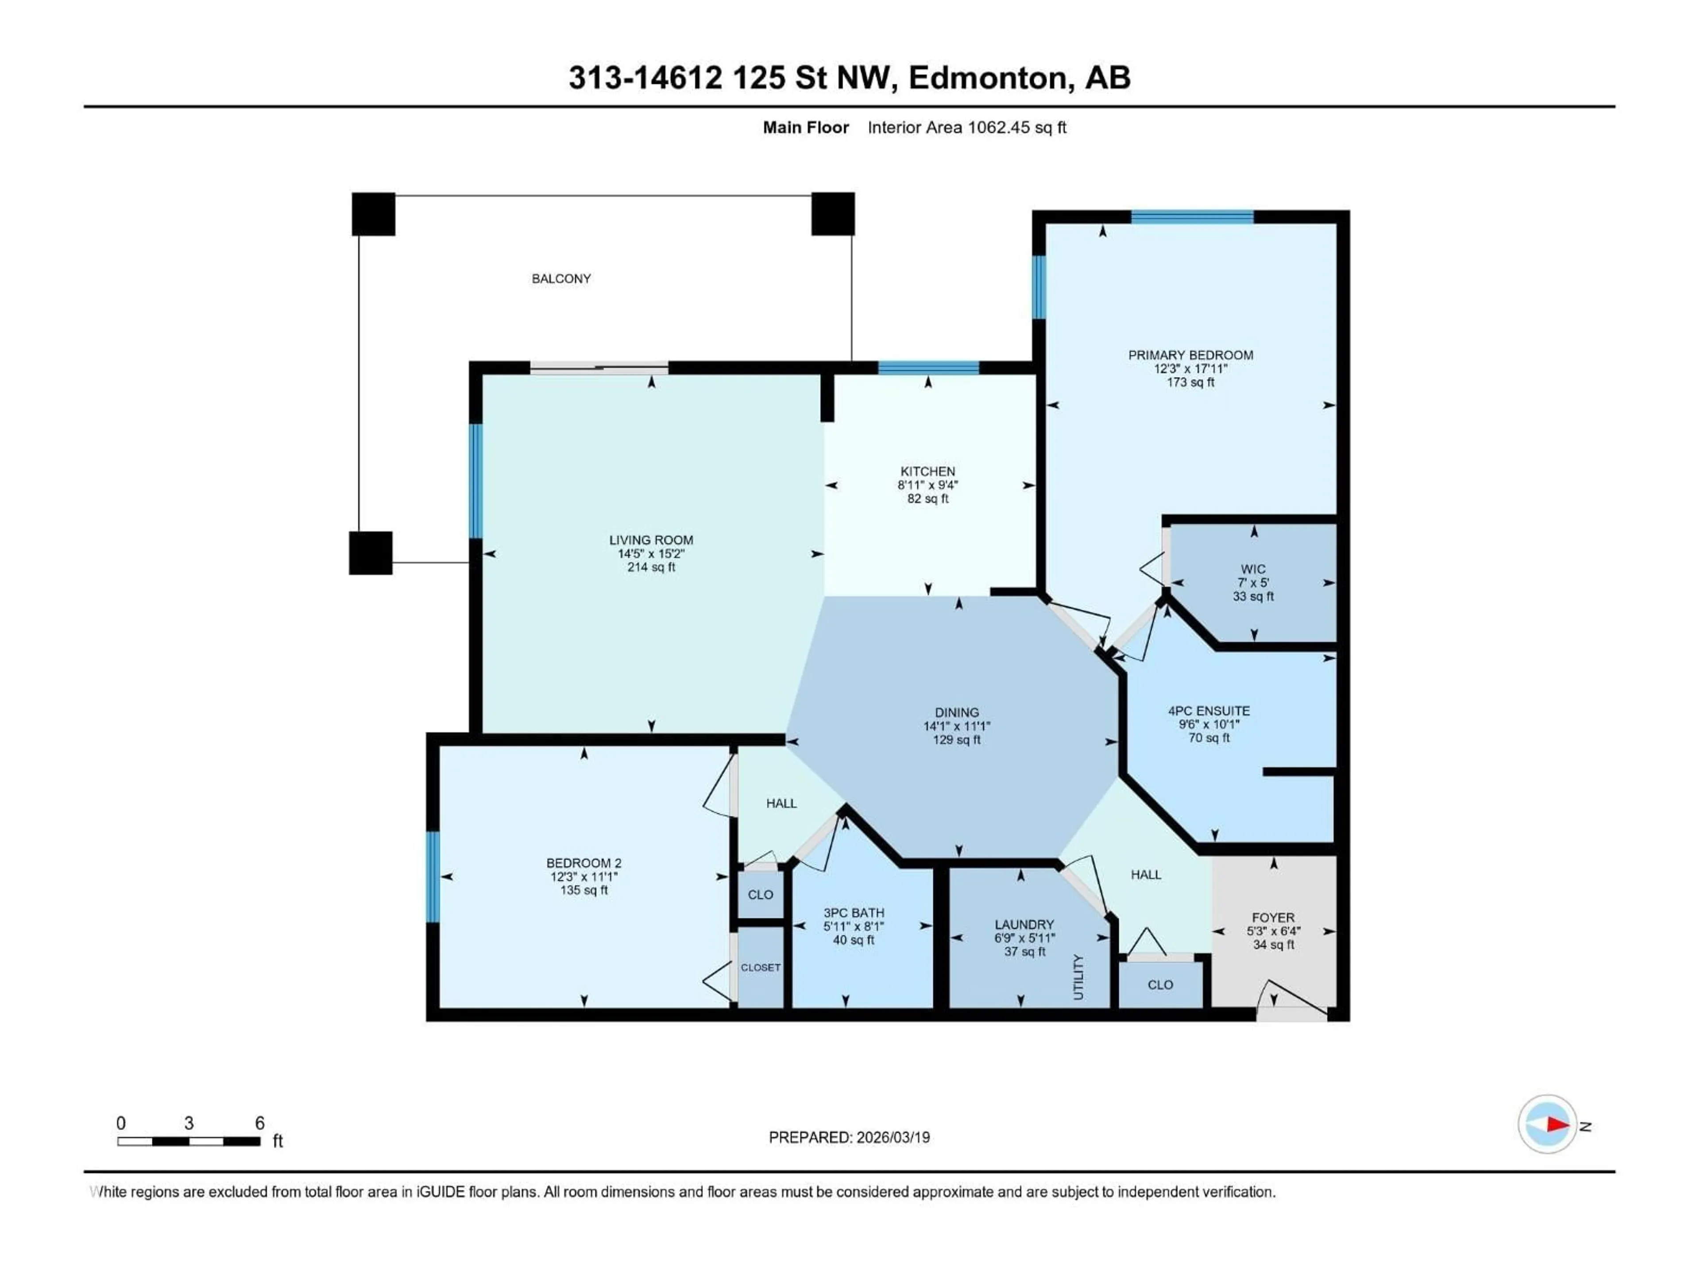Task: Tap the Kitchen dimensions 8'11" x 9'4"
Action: pyautogui.click(x=927, y=485)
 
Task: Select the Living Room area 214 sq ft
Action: pyautogui.click(x=651, y=567)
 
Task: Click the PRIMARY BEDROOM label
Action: pyautogui.click(x=1190, y=355)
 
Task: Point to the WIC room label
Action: pyautogui.click(x=1253, y=569)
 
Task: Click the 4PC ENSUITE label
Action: pyautogui.click(x=1209, y=711)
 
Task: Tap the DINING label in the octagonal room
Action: pyautogui.click(x=957, y=712)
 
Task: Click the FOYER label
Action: pyautogui.click(x=1274, y=918)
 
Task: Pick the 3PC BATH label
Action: pyautogui.click(x=854, y=913)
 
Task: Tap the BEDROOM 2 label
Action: pyautogui.click(x=584, y=863)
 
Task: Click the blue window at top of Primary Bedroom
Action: pyautogui.click(x=1192, y=217)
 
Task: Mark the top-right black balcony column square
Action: pyautogui.click(x=833, y=214)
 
